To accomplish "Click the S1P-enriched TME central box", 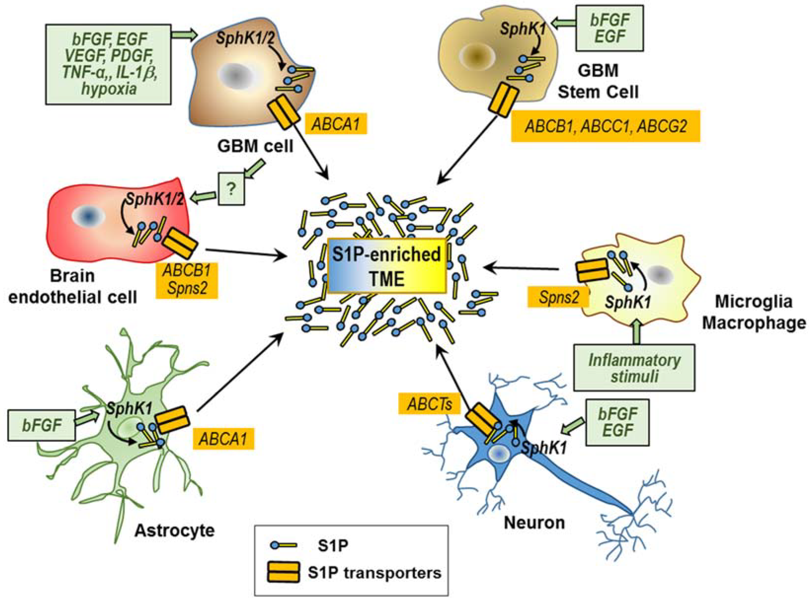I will pos(387,266).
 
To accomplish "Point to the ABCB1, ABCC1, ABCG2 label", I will pos(605,126).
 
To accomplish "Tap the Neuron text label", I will pos(534,523).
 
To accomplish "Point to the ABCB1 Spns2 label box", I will pos(187,280).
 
